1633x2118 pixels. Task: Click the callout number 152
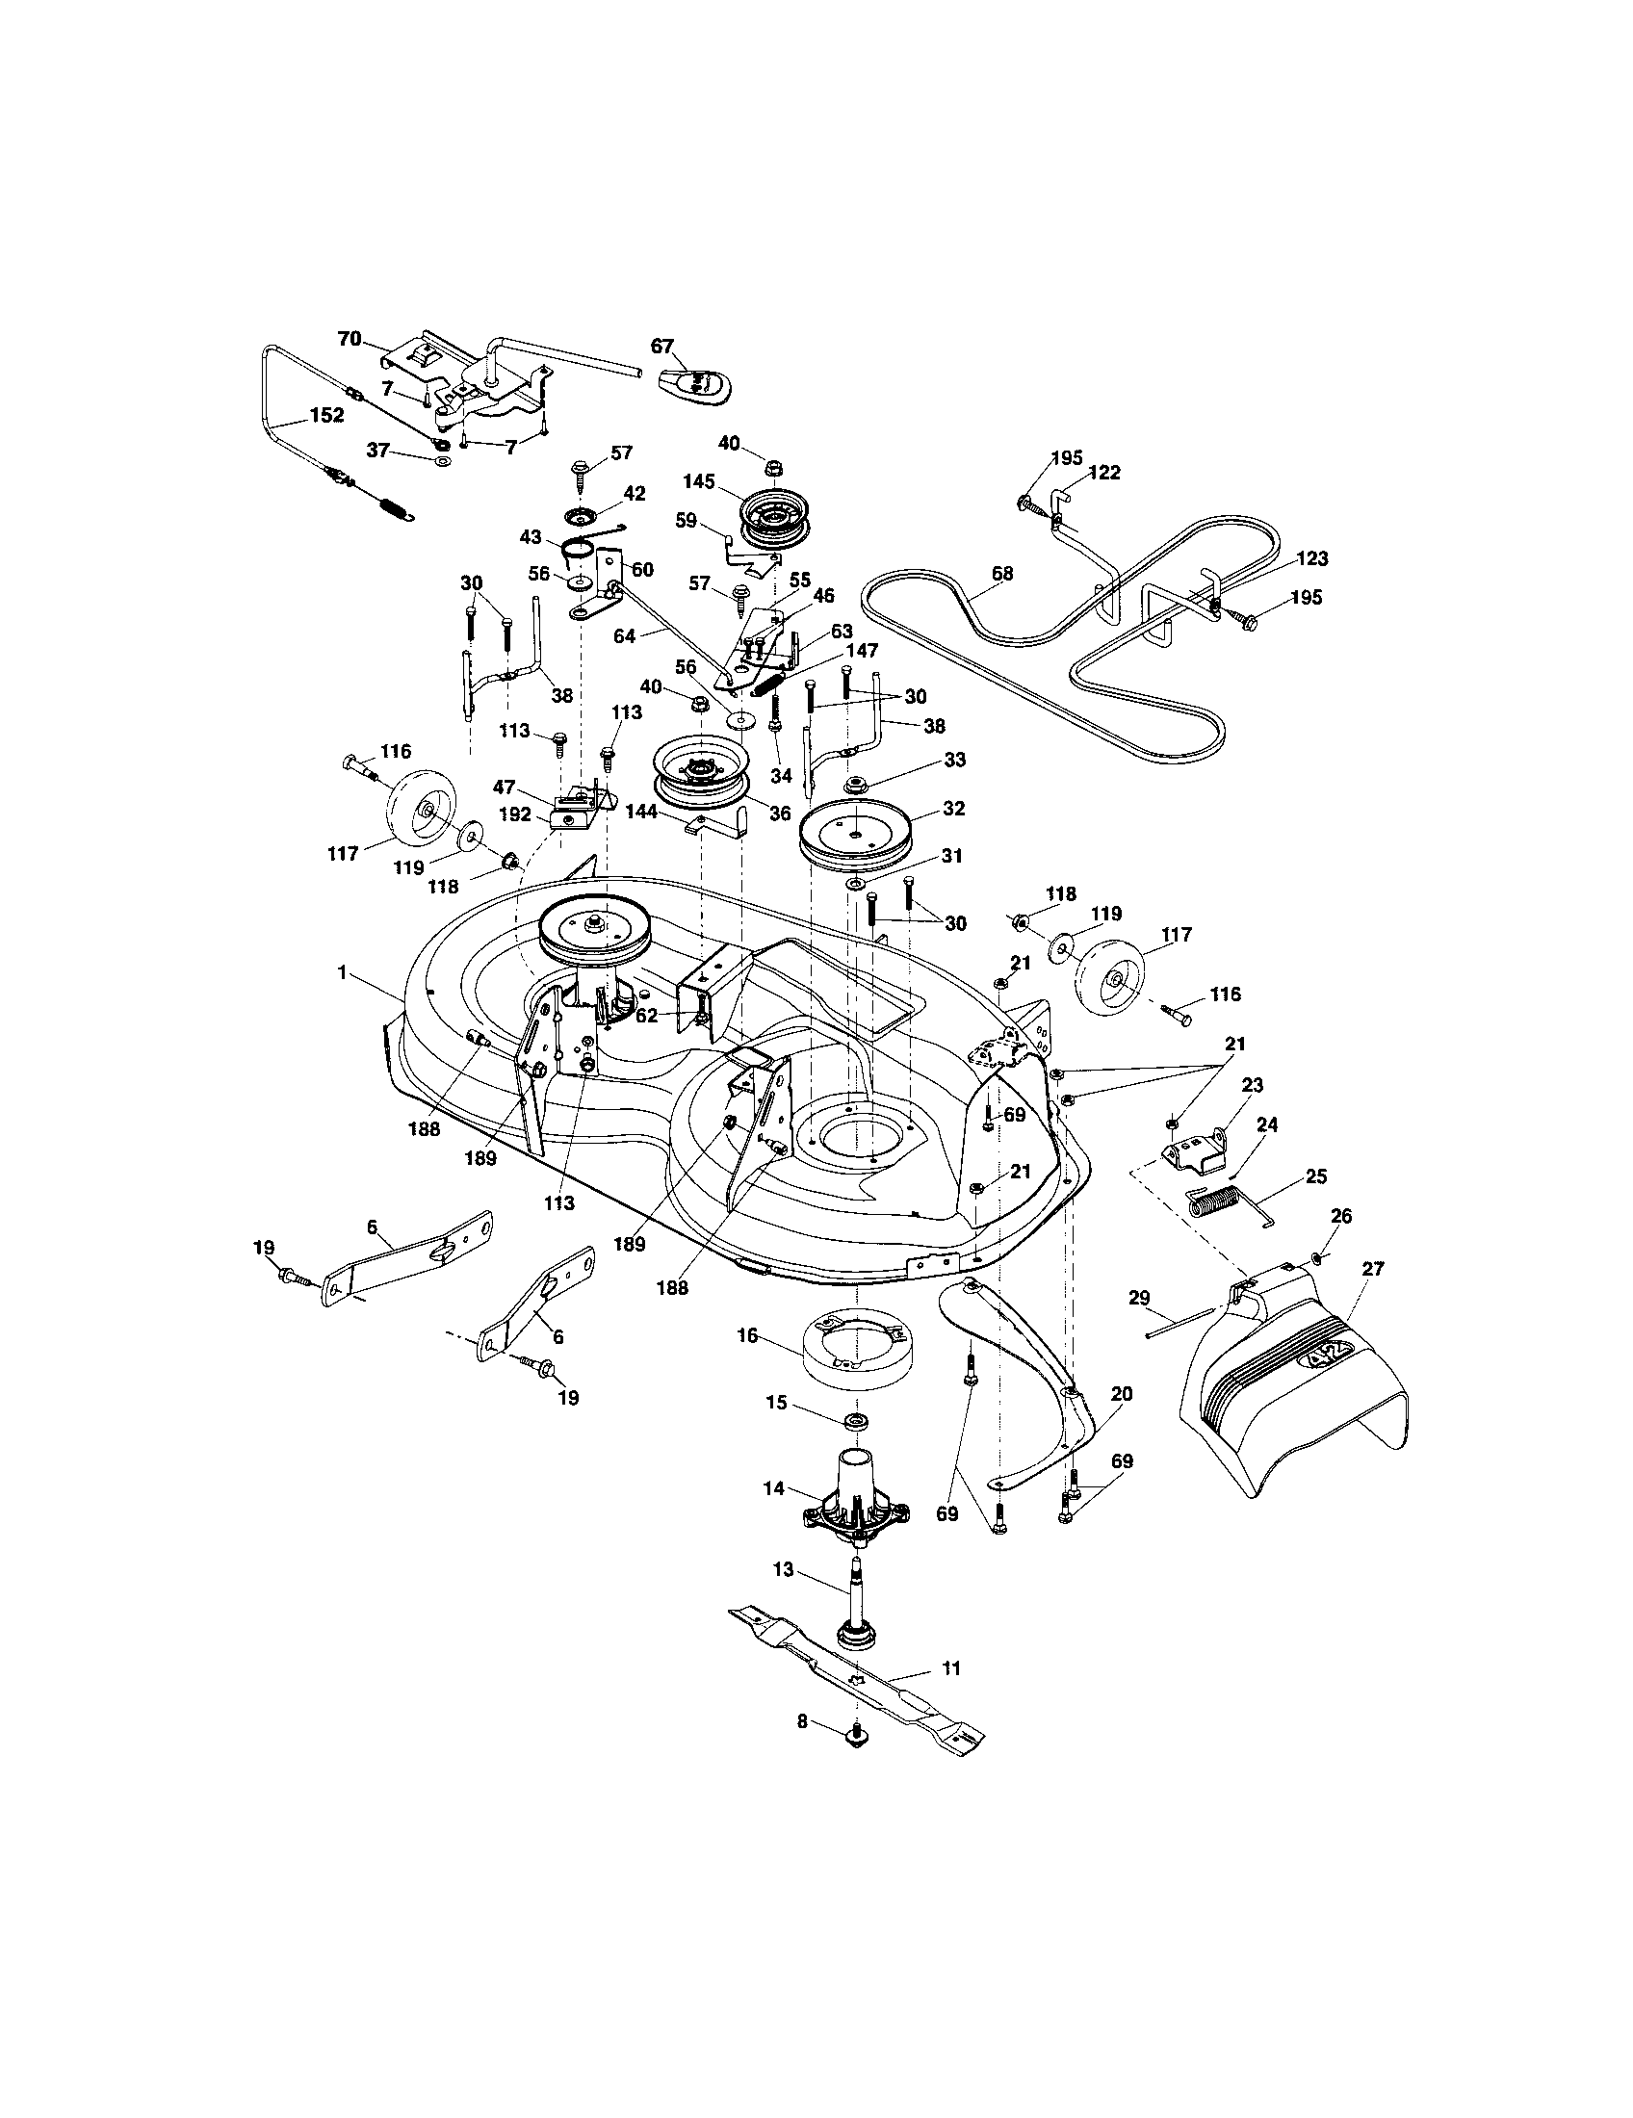point(325,414)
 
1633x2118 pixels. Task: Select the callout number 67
point(661,347)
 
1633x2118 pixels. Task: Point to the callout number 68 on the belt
point(1001,573)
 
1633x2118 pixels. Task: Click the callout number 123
point(1310,558)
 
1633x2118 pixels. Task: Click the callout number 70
point(350,339)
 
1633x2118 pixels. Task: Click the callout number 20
point(1122,1394)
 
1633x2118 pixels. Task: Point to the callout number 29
point(1139,1296)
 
